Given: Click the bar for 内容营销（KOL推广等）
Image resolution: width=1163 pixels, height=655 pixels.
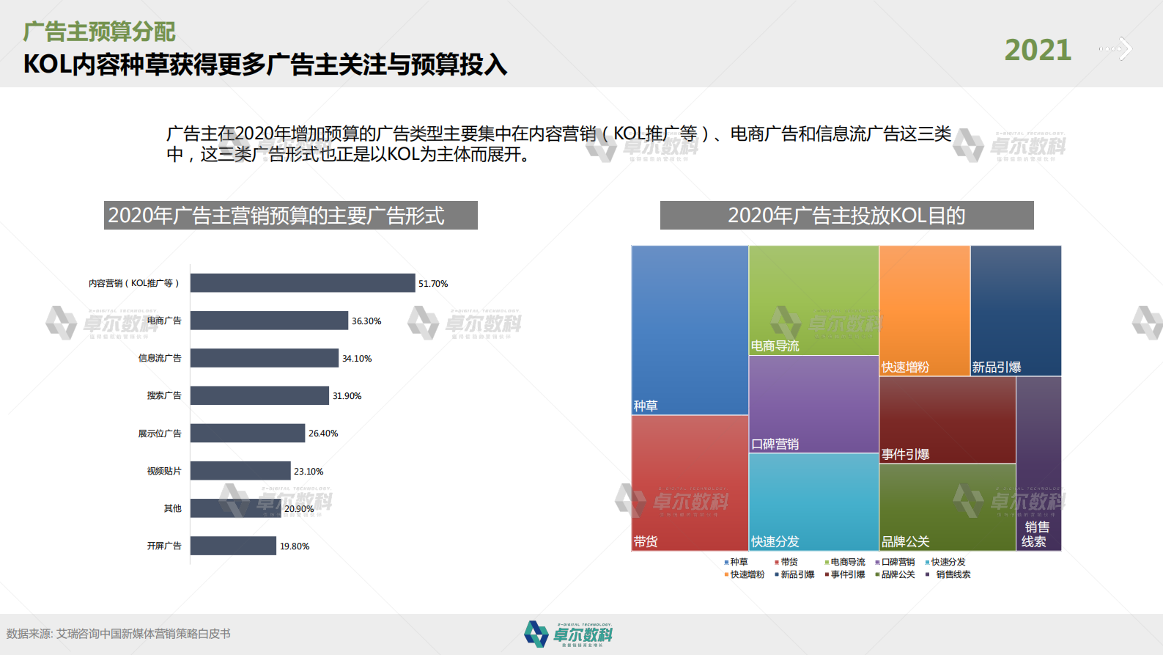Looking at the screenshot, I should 303,283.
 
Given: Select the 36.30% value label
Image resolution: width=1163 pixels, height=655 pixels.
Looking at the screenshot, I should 366,321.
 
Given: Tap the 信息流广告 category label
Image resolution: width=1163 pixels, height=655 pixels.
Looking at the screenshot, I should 160,358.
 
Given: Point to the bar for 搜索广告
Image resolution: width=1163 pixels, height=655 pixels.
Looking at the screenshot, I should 259,395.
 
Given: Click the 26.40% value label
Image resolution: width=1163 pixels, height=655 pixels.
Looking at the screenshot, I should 323,433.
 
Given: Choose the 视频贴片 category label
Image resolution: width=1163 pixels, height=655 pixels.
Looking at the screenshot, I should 163,471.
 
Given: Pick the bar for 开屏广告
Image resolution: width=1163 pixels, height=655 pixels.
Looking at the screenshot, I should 233,546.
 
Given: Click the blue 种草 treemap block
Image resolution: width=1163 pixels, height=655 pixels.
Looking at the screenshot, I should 690,330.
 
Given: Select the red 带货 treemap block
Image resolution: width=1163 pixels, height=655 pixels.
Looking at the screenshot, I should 690,483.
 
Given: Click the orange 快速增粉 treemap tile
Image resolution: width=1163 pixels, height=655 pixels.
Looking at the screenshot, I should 924,310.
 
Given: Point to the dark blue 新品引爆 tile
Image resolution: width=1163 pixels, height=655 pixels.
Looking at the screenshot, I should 1016,310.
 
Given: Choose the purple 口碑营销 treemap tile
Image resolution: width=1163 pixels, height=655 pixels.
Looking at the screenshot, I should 813,403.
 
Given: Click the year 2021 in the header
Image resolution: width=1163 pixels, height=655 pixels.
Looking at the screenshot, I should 1037,50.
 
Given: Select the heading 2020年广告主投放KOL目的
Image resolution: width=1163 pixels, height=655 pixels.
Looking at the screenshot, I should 846,216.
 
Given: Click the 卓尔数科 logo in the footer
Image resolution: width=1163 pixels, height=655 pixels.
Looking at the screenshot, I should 569,634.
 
